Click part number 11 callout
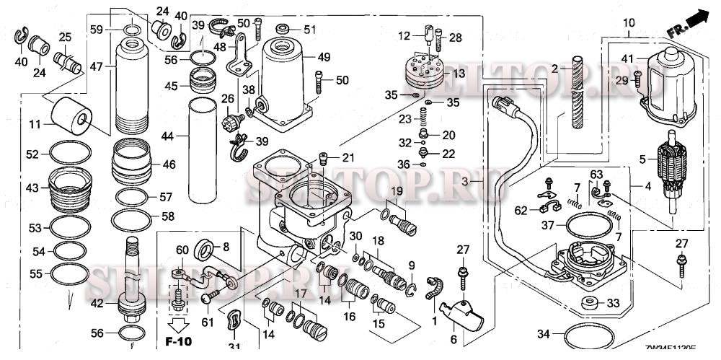[35, 125]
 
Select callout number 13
[458, 74]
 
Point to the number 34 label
[544, 334]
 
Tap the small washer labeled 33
[589, 303]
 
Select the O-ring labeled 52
[70, 154]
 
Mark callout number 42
[96, 303]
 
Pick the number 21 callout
[349, 158]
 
